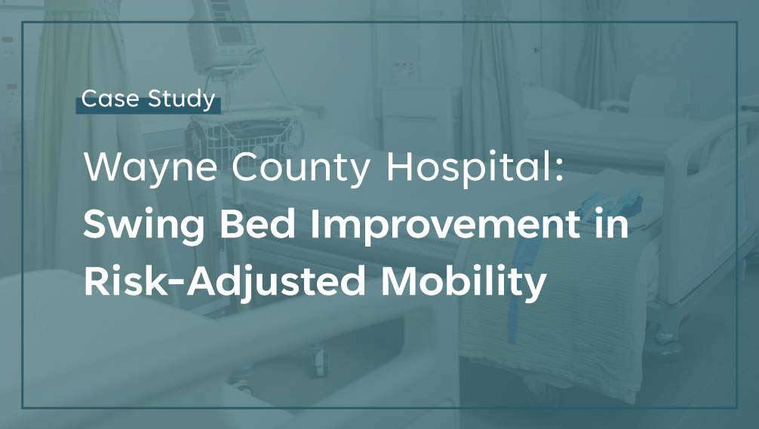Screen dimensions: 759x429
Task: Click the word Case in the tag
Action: click(x=110, y=99)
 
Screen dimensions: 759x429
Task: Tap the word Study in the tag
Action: click(x=182, y=100)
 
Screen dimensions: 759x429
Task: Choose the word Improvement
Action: click(x=445, y=225)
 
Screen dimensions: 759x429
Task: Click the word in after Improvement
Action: click(x=611, y=224)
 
